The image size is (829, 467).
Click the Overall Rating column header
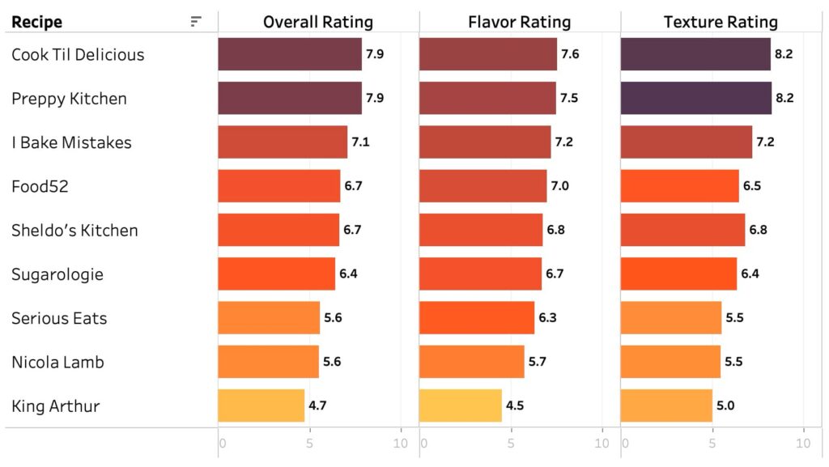coord(318,22)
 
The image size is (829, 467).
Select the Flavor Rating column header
coord(519,22)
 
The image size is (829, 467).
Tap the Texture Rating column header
coord(721,22)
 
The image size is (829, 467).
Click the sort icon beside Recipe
coord(196,22)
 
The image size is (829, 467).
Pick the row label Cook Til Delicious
coord(78,55)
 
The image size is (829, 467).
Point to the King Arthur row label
coord(55,405)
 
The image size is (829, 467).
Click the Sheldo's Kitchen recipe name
coord(74,230)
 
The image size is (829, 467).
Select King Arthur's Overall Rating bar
coord(261,405)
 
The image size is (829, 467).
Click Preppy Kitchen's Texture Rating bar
coord(695,99)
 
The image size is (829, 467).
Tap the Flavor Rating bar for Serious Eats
coord(477,318)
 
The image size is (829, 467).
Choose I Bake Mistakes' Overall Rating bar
coord(283,142)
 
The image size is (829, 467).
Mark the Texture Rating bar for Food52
coord(679,186)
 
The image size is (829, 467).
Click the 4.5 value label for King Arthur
coord(515,405)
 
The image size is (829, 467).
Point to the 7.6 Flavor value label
coord(570,55)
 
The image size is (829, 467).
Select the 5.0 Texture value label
coord(725,405)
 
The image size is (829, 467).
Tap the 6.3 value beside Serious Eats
coord(547,318)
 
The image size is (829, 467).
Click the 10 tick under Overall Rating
coord(400,443)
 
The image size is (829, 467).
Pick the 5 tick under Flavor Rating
coord(511,443)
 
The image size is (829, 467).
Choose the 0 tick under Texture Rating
coord(626,443)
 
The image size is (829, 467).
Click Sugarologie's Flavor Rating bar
coord(480,274)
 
